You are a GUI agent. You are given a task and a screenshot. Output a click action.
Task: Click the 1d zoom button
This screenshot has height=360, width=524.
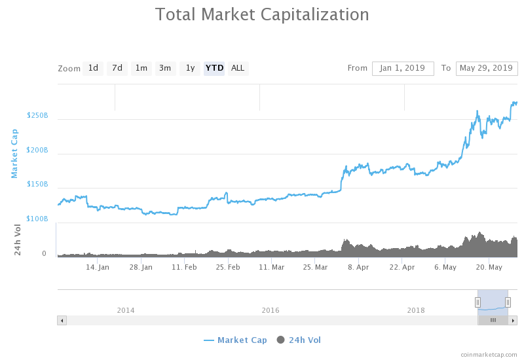(x=93, y=68)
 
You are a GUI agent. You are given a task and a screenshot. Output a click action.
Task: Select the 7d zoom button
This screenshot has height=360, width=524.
(x=117, y=68)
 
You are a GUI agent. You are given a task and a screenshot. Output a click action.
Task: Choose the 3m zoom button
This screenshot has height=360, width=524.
(x=165, y=68)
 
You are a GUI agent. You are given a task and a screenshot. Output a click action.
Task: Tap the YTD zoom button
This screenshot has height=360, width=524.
(x=214, y=68)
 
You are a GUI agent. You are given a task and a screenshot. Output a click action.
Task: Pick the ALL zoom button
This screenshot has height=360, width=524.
(x=238, y=68)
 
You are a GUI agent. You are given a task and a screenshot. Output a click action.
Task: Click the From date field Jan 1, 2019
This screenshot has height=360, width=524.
(x=403, y=68)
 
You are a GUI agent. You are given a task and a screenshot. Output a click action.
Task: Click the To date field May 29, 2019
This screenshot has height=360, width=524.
(x=486, y=68)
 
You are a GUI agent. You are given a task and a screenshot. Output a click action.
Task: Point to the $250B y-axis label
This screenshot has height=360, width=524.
(x=37, y=116)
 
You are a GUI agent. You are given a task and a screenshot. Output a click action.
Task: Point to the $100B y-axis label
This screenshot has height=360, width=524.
(x=37, y=219)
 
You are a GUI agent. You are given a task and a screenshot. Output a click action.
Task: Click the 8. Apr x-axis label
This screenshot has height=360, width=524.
(x=358, y=267)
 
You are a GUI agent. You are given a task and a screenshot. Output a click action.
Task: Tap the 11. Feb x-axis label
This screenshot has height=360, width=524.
(x=184, y=267)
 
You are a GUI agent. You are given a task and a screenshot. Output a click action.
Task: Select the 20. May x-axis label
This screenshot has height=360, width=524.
(x=489, y=267)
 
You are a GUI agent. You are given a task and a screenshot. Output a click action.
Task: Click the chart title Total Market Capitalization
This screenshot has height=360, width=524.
(x=262, y=14)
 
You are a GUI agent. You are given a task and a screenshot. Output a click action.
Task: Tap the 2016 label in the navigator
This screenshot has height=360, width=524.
(x=271, y=310)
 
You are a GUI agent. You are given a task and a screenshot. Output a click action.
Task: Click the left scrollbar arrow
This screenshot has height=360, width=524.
(x=62, y=320)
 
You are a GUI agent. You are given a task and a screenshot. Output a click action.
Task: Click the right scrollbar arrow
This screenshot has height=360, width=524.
(x=514, y=320)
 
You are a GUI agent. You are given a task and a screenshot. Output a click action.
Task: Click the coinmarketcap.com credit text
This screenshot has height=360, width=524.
(x=488, y=354)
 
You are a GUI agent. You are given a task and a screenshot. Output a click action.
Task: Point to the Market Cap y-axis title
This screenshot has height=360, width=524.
(x=14, y=153)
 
